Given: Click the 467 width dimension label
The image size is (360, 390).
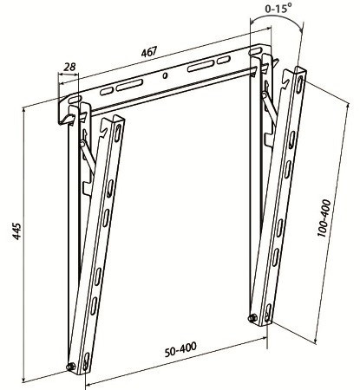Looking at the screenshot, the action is click(x=149, y=52).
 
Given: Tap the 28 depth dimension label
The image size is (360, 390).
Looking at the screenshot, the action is click(x=69, y=67).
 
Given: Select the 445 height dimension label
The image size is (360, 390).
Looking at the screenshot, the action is click(x=16, y=231).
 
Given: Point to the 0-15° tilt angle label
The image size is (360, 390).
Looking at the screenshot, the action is click(x=277, y=9).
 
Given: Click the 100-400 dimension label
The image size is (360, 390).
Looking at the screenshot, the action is click(x=324, y=218).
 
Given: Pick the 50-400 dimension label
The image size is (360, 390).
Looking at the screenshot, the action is click(x=180, y=349).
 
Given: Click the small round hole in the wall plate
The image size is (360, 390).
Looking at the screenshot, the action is click(x=165, y=76).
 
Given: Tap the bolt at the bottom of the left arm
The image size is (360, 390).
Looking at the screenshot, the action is click(x=70, y=367).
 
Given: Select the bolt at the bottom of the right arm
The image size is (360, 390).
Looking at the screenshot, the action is click(x=252, y=318).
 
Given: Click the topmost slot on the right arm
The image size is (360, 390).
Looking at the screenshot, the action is click(x=300, y=84).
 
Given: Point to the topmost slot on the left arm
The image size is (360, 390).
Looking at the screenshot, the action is click(x=118, y=133).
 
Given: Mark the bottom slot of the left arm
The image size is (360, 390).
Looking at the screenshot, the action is click(x=86, y=361).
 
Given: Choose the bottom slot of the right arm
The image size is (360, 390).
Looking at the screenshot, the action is click(x=268, y=313).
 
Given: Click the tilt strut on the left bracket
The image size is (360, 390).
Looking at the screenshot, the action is click(x=88, y=156).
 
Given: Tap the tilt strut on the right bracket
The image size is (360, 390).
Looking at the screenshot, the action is click(x=270, y=107).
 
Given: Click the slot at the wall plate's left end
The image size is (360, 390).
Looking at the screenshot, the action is click(x=74, y=100).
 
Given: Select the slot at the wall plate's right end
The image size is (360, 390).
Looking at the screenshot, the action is click(x=255, y=51).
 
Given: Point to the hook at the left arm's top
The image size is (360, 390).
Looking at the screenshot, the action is click(x=105, y=127).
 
